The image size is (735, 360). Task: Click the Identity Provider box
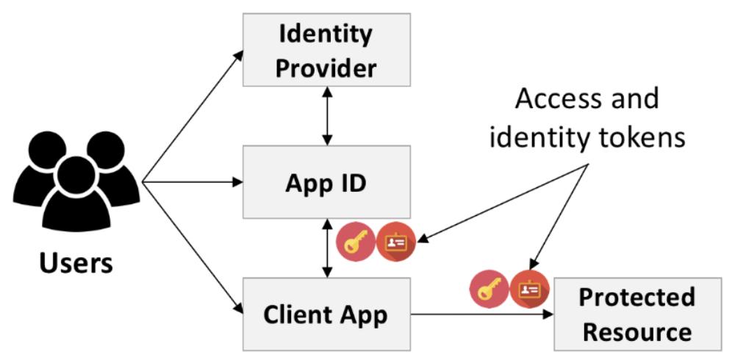coord(327,50)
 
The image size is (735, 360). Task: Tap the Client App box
coord(327,315)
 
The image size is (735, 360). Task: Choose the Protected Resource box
coord(637,314)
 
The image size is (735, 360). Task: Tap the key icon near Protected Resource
coord(489,289)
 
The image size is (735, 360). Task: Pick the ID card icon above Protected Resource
coord(530,289)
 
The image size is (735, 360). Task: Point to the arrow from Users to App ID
coord(193,181)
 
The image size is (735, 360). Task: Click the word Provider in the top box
coord(327,68)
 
